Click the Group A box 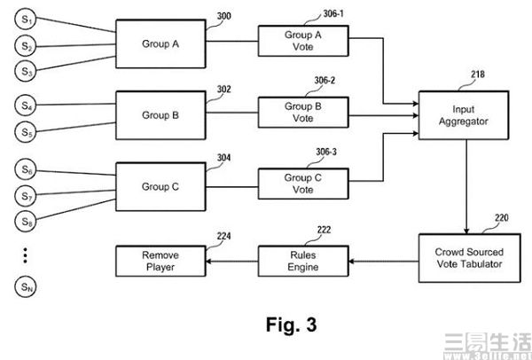click(x=160, y=42)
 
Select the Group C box click(x=160, y=188)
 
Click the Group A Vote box click(x=303, y=41)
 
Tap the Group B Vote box click(x=303, y=112)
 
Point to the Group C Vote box click(x=303, y=184)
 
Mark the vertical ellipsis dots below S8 click(x=27, y=255)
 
